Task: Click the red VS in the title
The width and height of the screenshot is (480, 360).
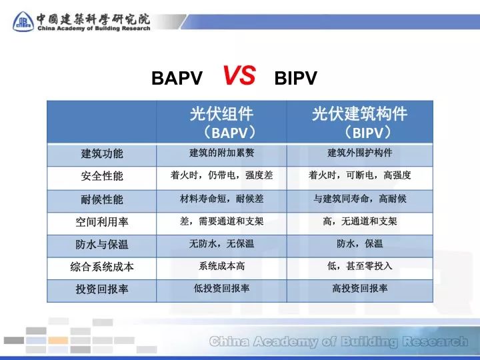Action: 239,76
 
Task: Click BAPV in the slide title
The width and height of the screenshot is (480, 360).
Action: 177,79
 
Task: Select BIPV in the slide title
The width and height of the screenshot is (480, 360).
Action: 295,79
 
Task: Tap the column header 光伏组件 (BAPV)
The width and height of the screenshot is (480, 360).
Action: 221,122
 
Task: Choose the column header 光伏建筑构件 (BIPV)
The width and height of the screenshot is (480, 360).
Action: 359,122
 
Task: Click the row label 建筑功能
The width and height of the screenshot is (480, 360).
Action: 102,154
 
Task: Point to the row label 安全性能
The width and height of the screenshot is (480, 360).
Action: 102,177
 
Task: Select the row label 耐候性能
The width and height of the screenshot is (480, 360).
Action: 102,199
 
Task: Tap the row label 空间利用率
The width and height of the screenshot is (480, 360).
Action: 102,222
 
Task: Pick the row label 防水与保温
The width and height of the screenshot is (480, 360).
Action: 102,245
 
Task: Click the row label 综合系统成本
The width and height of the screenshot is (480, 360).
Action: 102,267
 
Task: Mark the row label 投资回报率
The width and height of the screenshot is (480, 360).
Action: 102,289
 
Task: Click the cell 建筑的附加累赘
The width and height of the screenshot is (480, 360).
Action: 221,153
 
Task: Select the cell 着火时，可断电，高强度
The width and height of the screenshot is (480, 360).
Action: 359,176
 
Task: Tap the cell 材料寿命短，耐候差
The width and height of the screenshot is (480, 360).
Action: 221,199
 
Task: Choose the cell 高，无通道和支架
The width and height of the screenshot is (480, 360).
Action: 359,221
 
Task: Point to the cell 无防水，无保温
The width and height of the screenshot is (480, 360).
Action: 221,244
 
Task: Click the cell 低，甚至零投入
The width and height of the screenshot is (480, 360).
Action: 359,266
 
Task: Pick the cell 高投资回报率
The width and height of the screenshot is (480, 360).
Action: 359,289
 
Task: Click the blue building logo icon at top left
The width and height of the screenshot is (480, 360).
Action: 23,22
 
